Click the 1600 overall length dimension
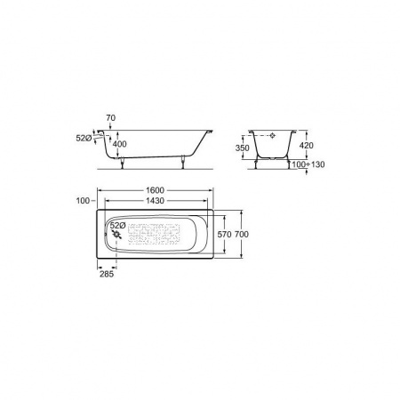coord(156,190)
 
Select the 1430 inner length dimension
coord(156,201)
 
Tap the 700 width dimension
coord(242,235)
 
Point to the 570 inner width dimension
coord(224,235)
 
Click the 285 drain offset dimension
coord(107,274)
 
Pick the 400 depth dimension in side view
coord(119,144)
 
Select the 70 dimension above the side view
coord(110,118)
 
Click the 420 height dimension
coord(306,146)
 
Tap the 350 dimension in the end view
coord(243,148)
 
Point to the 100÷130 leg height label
coord(308,164)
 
